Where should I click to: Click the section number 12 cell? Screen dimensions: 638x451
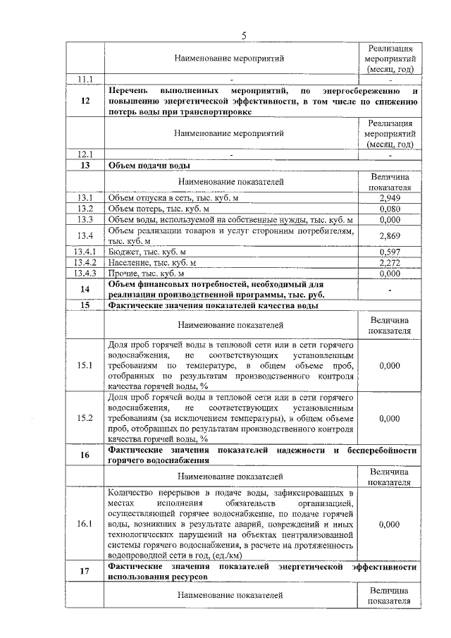tap(85, 101)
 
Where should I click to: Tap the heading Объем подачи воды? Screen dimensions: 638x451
tap(148, 166)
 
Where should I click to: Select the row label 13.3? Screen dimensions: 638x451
tap(85, 220)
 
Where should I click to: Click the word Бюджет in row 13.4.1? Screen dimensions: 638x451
tap(123, 252)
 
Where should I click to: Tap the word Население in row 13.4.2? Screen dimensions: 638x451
tap(130, 262)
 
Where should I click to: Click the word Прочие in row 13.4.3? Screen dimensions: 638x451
tap(124, 273)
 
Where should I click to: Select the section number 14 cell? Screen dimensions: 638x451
tap(85, 289)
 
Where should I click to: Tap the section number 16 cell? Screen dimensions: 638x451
tap(85, 455)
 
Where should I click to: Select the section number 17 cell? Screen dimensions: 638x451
tap(85, 572)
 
